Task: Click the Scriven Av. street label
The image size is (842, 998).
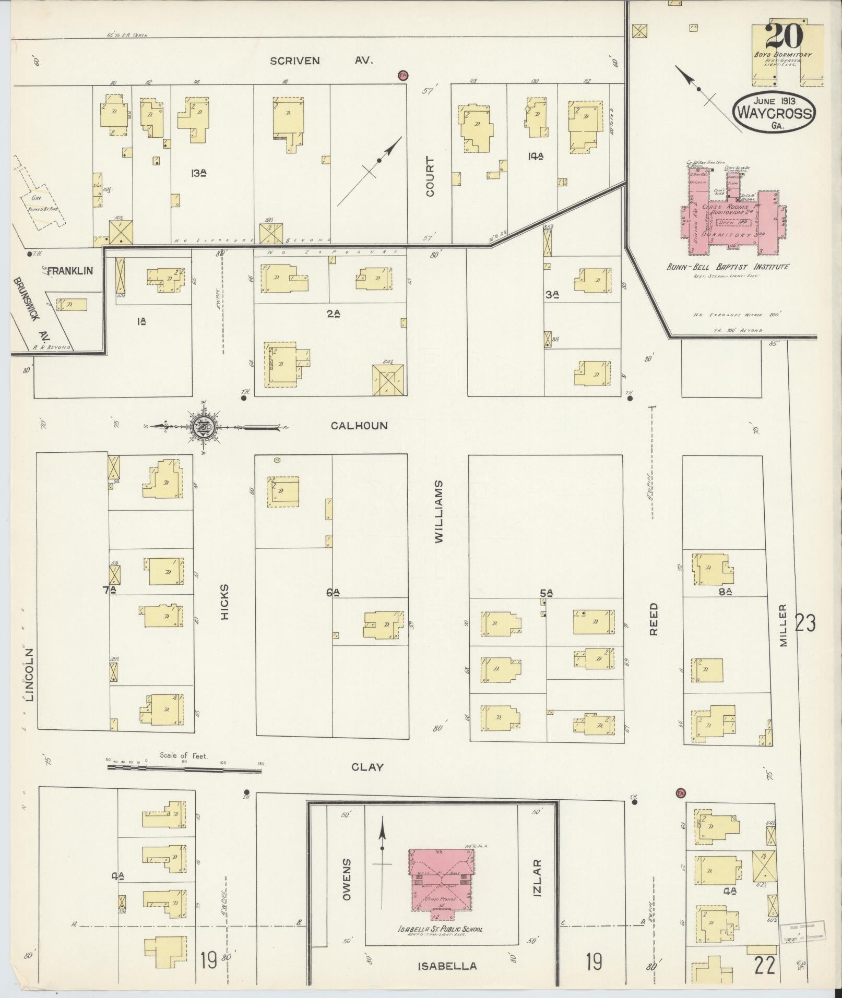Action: (x=321, y=61)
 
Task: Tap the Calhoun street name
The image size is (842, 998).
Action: (x=359, y=426)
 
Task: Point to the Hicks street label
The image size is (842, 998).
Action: (x=225, y=602)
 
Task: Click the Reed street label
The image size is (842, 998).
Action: (x=654, y=619)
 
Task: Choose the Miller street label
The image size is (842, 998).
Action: (x=783, y=626)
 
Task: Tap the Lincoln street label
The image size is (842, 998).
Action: (x=29, y=675)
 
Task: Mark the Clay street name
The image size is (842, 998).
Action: (x=367, y=767)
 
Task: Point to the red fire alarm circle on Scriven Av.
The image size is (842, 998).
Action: (x=402, y=75)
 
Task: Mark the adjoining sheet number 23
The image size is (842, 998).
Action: (x=805, y=623)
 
